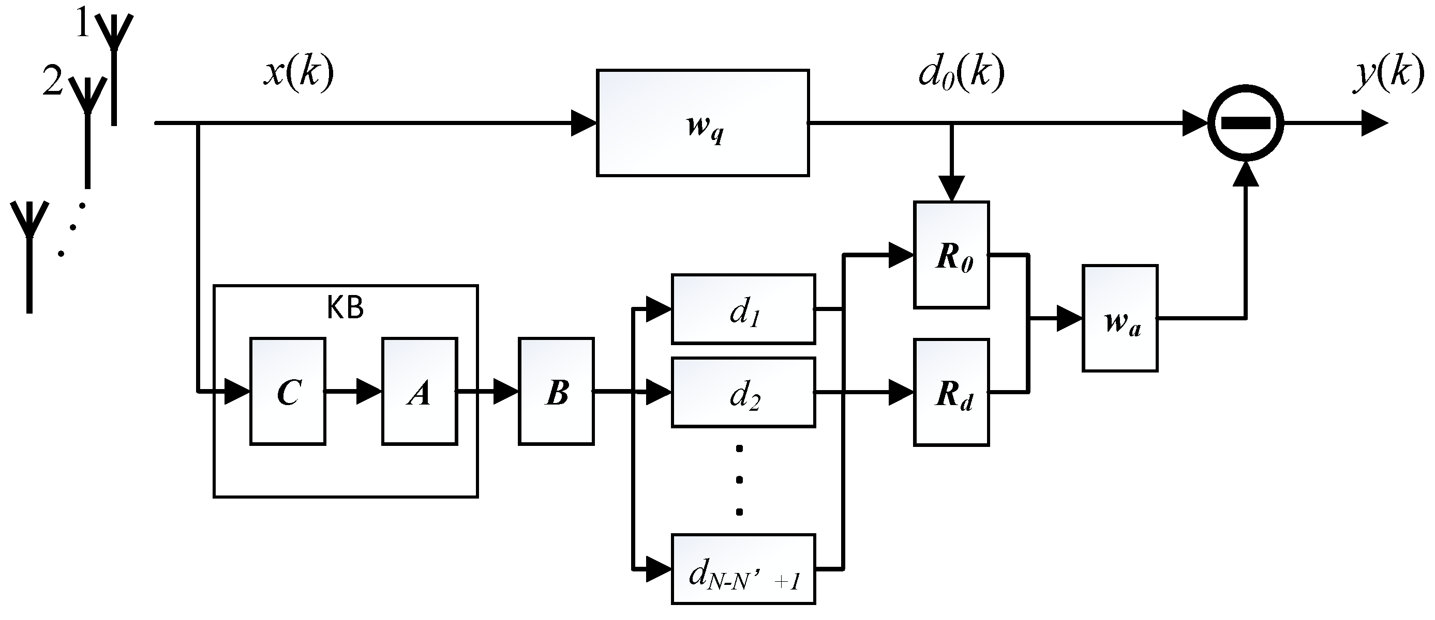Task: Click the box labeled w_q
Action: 702,123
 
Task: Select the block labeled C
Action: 288,391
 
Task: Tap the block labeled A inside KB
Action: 420,391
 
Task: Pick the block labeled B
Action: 556,391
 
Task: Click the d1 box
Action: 743,309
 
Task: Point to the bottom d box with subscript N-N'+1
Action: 743,569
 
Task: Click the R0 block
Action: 951,255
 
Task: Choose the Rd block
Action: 951,392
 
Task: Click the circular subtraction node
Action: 1246,123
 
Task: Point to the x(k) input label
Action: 298,74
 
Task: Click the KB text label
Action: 346,308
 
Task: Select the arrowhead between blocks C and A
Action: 368,391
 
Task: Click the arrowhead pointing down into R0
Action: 951,189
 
